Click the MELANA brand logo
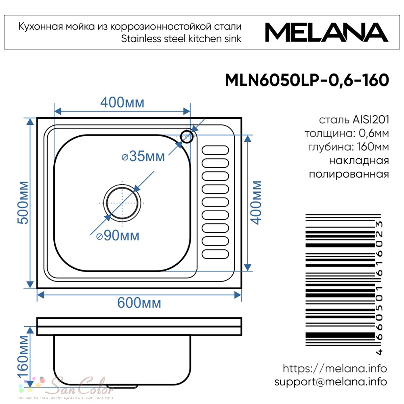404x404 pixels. (x=326, y=32)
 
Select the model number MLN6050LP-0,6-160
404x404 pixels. (x=307, y=80)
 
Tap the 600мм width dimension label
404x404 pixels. (x=139, y=303)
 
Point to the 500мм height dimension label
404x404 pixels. (x=23, y=202)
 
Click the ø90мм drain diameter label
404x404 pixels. (x=118, y=235)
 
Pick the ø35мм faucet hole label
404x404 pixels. (x=143, y=156)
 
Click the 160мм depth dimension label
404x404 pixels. (x=23, y=357)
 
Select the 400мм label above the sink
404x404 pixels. (x=122, y=102)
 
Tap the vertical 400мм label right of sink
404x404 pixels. (x=256, y=202)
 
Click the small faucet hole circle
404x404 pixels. (x=187, y=137)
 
